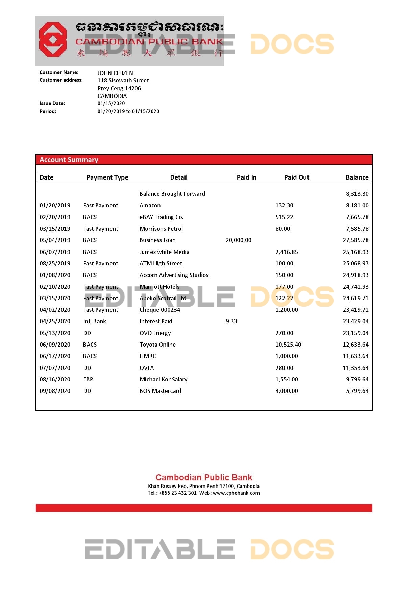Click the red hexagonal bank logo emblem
coord(53,40)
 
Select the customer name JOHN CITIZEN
coord(115,73)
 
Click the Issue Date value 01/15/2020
coord(111,103)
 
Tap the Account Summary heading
coord(69,160)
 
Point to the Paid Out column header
coord(296,177)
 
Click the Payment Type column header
coord(107,177)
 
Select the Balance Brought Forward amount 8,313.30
coord(357,194)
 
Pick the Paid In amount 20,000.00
coord(239,240)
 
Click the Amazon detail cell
coord(150,205)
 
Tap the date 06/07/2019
coord(55,252)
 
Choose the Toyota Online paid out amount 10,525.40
coord(288,345)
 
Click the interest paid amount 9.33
coord(231,321)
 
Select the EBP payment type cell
coord(88,379)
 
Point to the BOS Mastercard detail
coord(161,391)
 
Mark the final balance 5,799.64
coord(357,391)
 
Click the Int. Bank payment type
coord(95,321)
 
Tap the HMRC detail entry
coord(148,356)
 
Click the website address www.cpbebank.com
coord(236,493)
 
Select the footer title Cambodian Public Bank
coord(204,477)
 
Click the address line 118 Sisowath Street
coord(123,80)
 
